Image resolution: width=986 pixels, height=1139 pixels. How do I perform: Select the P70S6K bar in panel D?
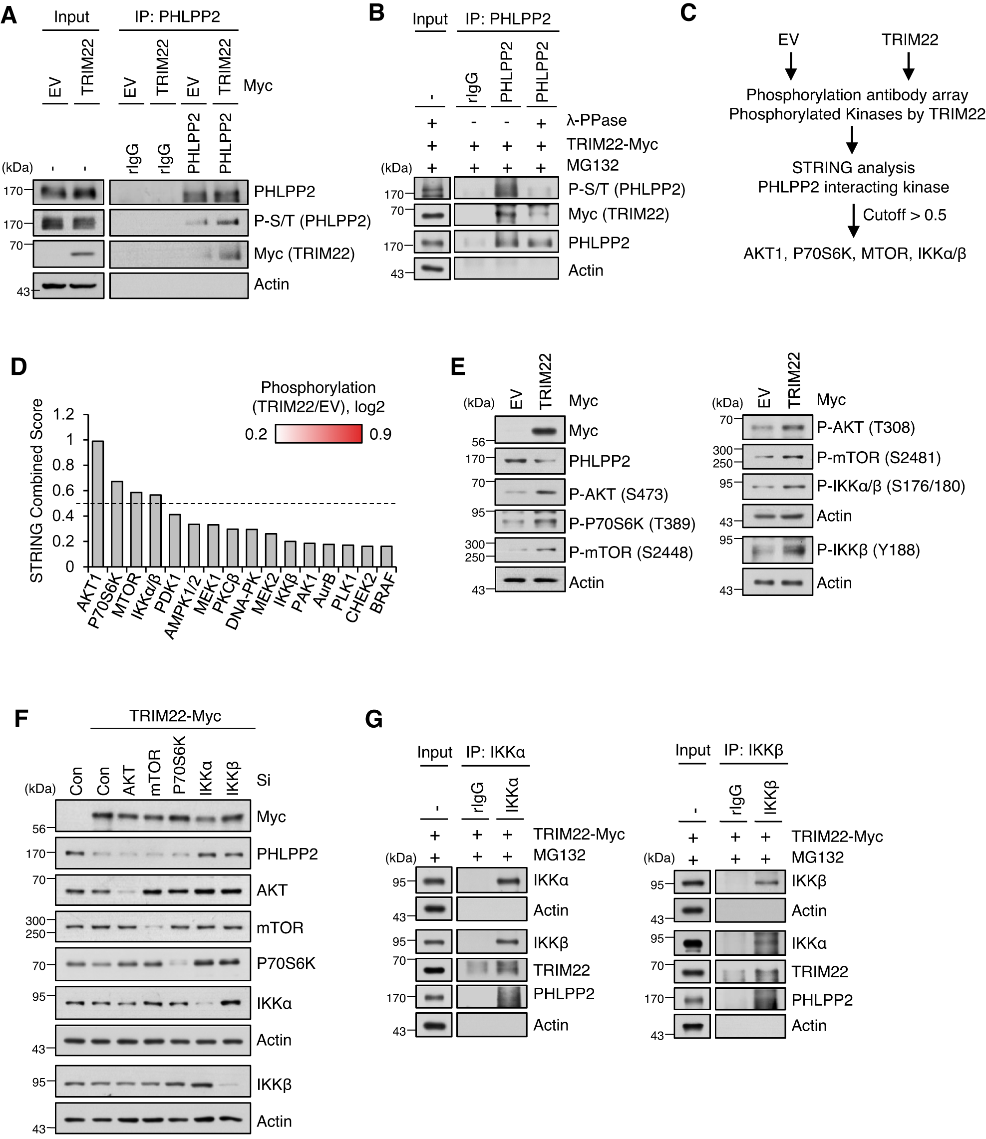[x=117, y=524]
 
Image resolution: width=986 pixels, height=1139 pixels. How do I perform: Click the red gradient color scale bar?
[x=319, y=434]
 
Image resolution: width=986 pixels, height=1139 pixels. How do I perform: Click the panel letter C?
[x=688, y=12]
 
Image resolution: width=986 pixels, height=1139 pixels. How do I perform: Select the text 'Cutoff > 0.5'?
[x=904, y=215]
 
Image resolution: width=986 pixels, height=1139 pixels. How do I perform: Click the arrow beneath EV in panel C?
[x=790, y=66]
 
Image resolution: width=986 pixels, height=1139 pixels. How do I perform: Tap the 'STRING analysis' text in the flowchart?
[x=853, y=168]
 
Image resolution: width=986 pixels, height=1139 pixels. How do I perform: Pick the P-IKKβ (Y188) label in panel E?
[x=868, y=550]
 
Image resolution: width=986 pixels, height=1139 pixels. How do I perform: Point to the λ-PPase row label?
[x=597, y=120]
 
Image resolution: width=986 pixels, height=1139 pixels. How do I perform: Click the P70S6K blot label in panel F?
[x=286, y=963]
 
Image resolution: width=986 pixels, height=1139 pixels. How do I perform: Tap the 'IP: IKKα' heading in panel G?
[x=495, y=752]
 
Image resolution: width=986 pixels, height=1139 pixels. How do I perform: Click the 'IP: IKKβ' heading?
[x=753, y=750]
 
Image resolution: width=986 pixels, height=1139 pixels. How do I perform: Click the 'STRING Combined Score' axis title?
[x=37, y=491]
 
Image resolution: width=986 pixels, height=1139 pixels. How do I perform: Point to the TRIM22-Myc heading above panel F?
[x=175, y=716]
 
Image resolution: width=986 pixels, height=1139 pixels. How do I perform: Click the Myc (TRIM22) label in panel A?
[x=304, y=254]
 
